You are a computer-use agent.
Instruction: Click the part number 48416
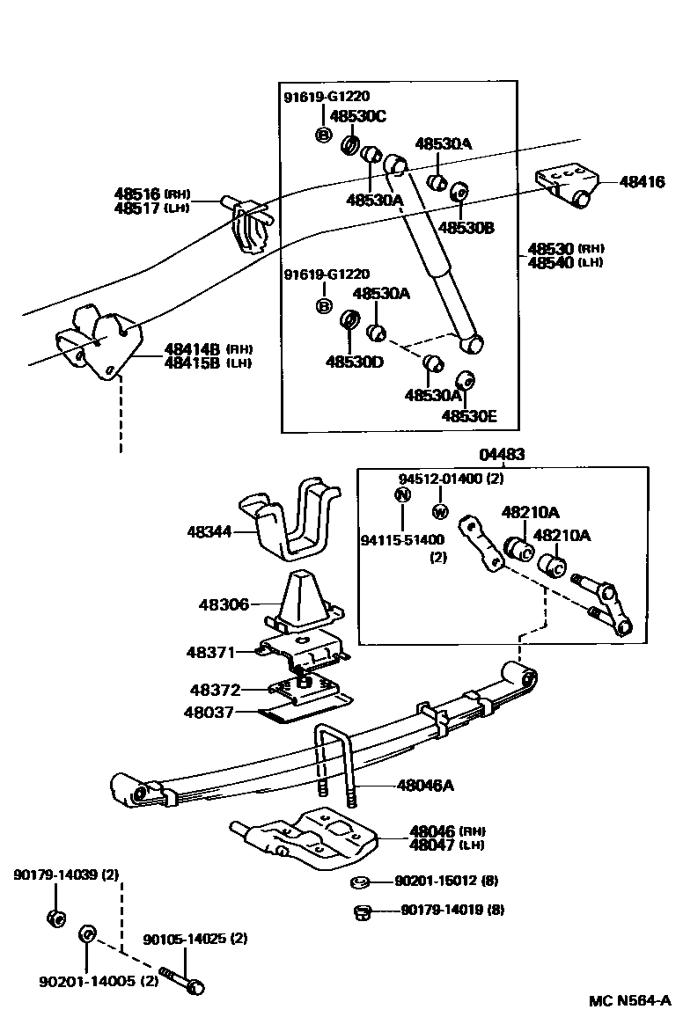(x=643, y=183)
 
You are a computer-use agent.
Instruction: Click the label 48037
(x=208, y=712)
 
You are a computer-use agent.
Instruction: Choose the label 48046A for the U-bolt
(x=425, y=786)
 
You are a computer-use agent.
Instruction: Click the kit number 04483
(x=502, y=455)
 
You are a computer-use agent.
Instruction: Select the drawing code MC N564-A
(x=630, y=1001)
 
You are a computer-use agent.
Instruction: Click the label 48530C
(x=358, y=115)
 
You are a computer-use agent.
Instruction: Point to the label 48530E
(x=469, y=415)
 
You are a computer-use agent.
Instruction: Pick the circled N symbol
(x=403, y=494)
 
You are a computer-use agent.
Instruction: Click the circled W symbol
(x=441, y=511)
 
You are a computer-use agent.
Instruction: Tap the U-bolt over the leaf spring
(x=334, y=757)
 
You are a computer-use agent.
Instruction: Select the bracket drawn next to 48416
(x=565, y=184)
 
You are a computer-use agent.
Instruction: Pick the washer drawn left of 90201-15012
(x=359, y=882)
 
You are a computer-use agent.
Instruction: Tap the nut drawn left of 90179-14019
(x=360, y=911)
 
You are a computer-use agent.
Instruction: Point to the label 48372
(x=217, y=690)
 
